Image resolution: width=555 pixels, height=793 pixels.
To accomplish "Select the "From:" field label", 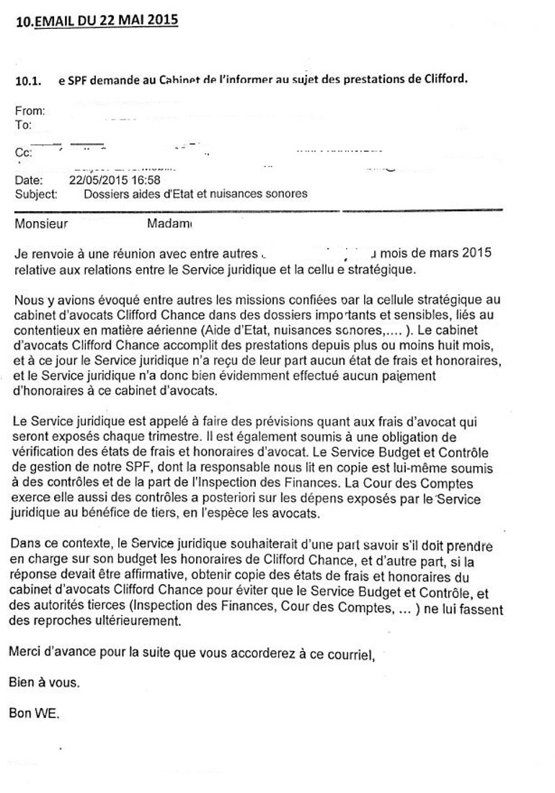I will coord(30,112).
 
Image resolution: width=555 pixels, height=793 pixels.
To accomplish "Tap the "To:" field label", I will coord(23,125).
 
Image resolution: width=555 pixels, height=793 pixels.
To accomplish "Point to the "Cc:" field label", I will coord(24,153).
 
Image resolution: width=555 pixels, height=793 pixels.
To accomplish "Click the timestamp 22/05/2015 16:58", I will coord(114,180).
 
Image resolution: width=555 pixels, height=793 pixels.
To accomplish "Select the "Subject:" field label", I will coord(34,194).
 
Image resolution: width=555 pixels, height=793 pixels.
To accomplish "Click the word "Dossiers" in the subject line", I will coord(105,194).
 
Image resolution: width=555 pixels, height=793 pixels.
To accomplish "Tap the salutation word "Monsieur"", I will coord(41,224).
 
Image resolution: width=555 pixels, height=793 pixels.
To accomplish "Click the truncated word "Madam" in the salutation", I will coord(169,224).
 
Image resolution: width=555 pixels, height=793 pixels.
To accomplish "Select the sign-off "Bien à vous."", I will coord(44,682).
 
